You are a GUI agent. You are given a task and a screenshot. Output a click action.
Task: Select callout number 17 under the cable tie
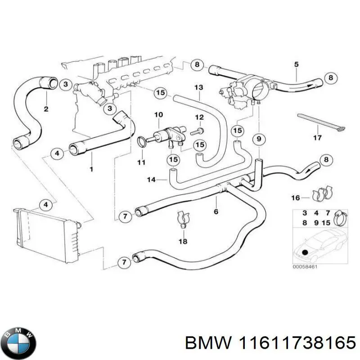317,138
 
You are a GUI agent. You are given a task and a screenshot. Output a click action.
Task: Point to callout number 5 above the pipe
296,64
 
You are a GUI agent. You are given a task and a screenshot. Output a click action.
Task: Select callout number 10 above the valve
158,115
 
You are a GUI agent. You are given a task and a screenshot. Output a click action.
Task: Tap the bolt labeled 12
198,131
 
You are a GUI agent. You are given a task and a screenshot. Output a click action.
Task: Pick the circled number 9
258,140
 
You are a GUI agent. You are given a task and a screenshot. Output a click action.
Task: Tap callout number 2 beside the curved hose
46,108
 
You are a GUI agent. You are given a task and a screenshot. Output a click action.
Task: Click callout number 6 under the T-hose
216,211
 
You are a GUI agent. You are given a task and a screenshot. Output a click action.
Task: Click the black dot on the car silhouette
306,252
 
